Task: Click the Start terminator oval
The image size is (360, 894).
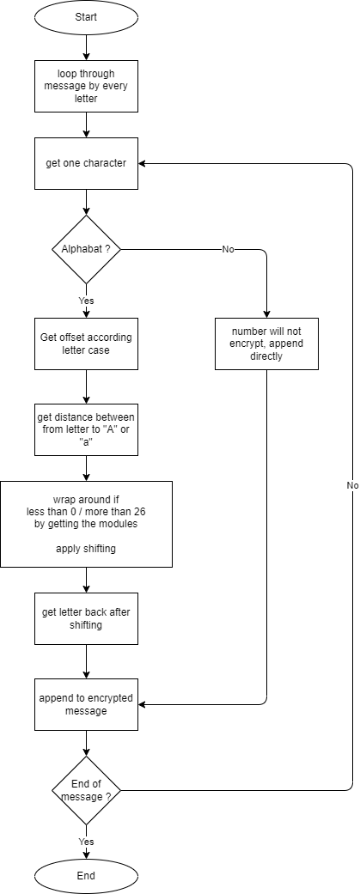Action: click(86, 17)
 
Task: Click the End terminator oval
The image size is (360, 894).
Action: click(86, 876)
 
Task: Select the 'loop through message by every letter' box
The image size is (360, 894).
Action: click(86, 86)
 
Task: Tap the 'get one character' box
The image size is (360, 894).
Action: click(86, 164)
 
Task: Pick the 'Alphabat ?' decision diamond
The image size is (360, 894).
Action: click(86, 249)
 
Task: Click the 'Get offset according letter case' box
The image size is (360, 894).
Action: click(86, 344)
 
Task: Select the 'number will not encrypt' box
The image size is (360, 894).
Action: click(266, 344)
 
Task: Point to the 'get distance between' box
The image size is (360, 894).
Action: click(86, 429)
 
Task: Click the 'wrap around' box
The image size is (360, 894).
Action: click(86, 524)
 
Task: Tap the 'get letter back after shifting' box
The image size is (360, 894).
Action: click(86, 618)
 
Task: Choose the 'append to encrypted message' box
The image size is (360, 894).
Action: click(86, 704)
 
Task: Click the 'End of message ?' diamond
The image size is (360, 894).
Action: click(86, 790)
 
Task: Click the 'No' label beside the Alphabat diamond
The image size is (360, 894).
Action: click(228, 250)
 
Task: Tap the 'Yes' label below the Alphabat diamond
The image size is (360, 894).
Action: click(86, 301)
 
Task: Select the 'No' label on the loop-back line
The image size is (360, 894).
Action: click(352, 485)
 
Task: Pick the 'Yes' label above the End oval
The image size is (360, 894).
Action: click(86, 842)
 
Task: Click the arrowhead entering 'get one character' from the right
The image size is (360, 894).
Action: click(142, 164)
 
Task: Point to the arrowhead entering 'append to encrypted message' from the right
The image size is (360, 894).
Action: click(142, 705)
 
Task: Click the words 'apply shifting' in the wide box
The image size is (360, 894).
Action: click(86, 549)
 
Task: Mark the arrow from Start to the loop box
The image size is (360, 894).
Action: click(86, 47)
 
